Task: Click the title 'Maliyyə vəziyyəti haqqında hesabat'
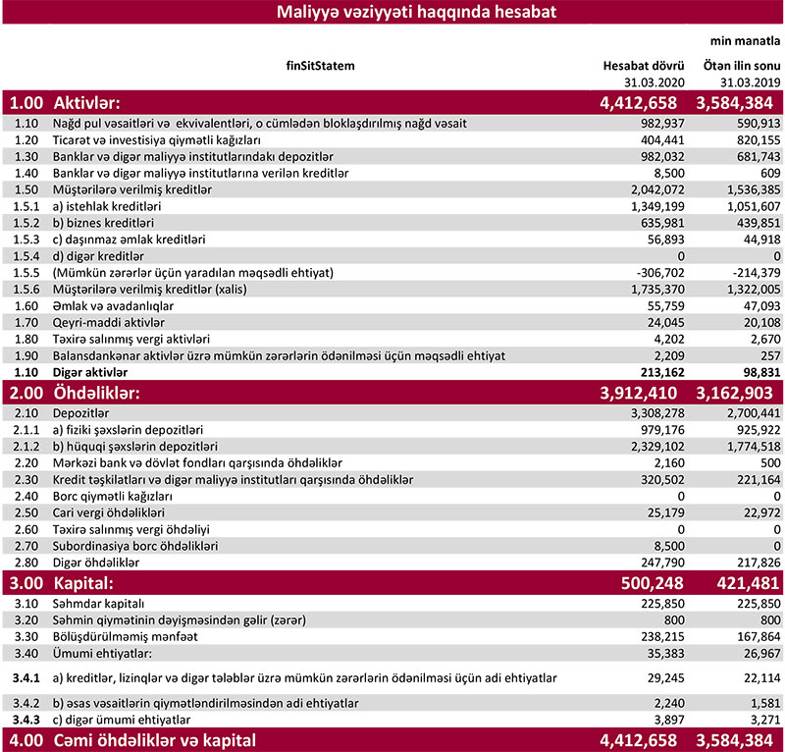pos(392,12)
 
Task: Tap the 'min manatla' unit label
pos(745,42)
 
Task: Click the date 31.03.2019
pos(748,82)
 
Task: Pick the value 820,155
pos(754,140)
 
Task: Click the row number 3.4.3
pos(26,718)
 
